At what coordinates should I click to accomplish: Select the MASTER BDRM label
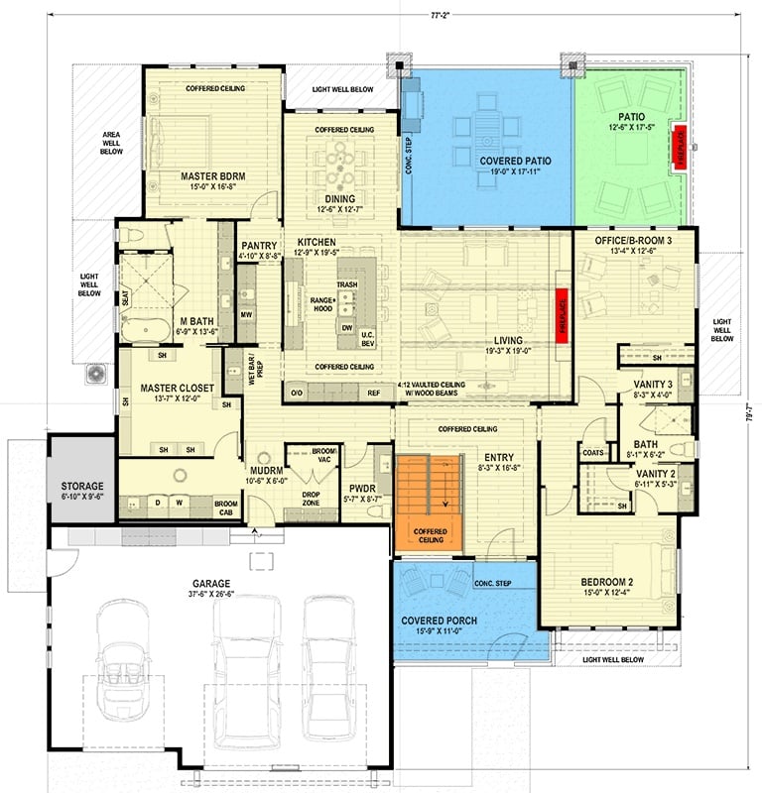click(x=213, y=176)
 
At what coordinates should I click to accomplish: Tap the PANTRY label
click(x=258, y=246)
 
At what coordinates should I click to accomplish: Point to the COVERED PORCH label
click(x=439, y=622)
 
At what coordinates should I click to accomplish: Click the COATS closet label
click(x=594, y=454)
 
